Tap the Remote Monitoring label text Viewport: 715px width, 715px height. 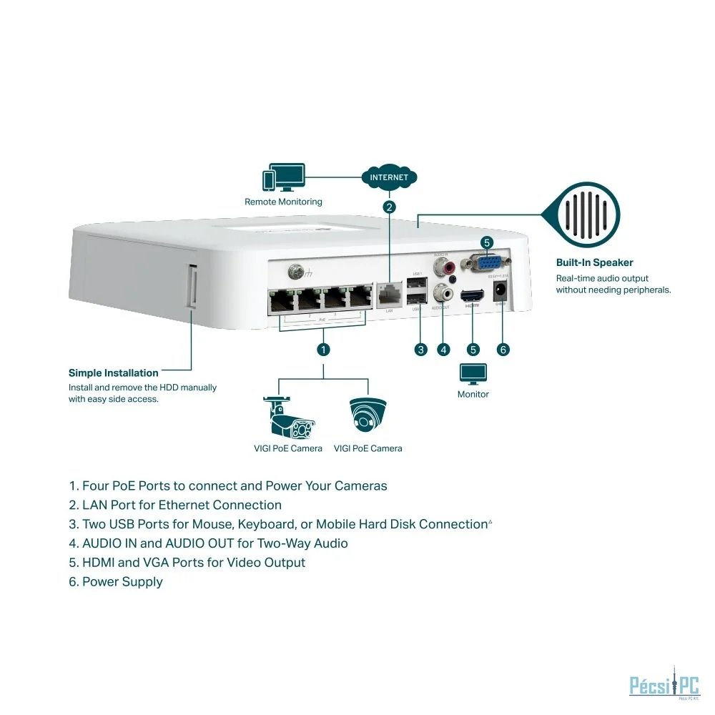(x=283, y=202)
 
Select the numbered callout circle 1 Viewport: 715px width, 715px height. (x=323, y=349)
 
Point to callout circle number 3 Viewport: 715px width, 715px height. (x=421, y=349)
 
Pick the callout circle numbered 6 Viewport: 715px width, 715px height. (x=503, y=349)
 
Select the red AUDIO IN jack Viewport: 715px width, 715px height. (x=450, y=268)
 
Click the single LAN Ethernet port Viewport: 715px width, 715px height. (x=390, y=295)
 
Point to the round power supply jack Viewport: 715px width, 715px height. (x=501, y=291)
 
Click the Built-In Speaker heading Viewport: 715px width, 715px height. (x=594, y=262)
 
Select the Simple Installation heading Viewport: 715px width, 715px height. (x=113, y=373)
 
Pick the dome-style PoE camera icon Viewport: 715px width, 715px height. (x=368, y=415)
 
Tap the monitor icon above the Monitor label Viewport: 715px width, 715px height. (x=473, y=373)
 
